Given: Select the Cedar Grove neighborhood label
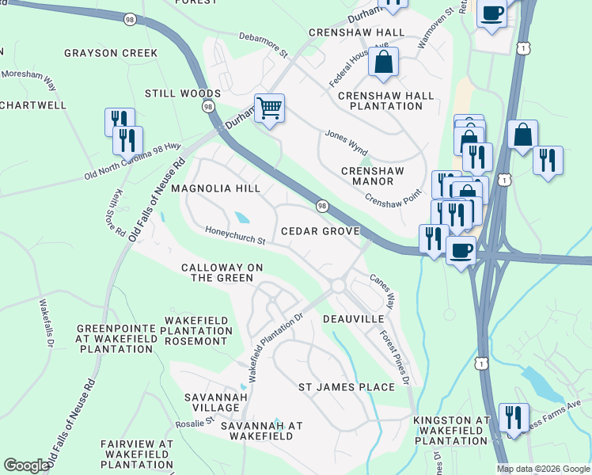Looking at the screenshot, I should point(321,231).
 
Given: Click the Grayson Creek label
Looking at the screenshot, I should point(111,54).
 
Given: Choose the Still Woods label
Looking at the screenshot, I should point(183,93).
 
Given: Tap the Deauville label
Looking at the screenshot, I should point(353,318).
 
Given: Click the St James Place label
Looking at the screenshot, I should point(346,387).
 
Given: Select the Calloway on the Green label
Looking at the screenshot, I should point(222,272).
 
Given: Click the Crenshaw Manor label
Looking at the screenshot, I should point(372,176).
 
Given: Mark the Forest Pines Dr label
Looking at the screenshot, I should point(393,356).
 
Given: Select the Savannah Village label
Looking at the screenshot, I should point(211,402).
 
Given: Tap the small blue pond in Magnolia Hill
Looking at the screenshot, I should point(241,217).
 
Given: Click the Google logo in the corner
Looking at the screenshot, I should point(27,465).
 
